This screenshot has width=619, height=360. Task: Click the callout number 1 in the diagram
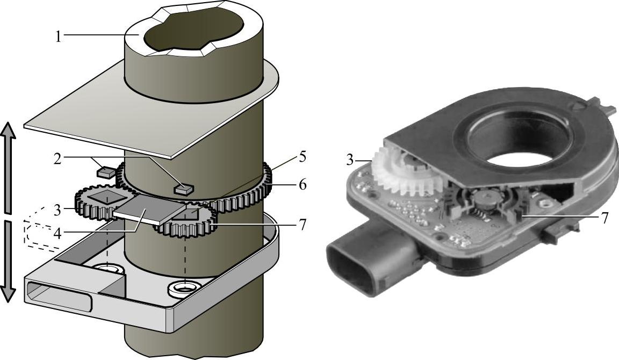pyautogui.click(x=59, y=37)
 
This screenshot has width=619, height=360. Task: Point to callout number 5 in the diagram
pyautogui.click(x=303, y=157)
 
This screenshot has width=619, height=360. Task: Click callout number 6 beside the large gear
pyautogui.click(x=303, y=184)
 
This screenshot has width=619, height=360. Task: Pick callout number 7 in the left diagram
pyautogui.click(x=303, y=224)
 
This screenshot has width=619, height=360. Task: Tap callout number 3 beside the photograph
pyautogui.click(x=350, y=160)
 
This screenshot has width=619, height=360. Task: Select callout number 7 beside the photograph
pyautogui.click(x=605, y=218)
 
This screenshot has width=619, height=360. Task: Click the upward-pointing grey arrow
pyautogui.click(x=9, y=167)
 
